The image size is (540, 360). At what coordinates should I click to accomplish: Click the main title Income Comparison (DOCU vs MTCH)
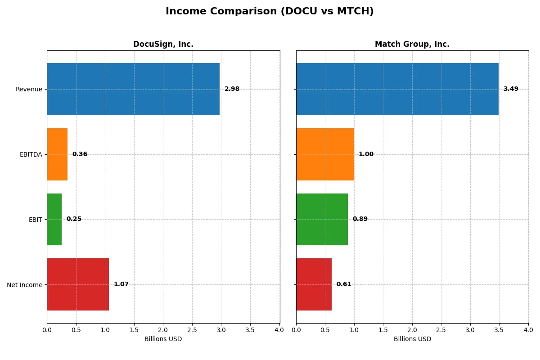(x=270, y=11)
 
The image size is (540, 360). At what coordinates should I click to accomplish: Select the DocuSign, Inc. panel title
(x=163, y=44)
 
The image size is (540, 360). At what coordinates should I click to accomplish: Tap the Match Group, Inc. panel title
(x=412, y=44)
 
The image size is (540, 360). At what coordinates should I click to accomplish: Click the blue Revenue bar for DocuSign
(x=133, y=89)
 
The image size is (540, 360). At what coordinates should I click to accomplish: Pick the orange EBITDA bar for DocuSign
(x=57, y=154)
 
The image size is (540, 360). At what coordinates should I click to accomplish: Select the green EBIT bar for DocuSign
(x=54, y=219)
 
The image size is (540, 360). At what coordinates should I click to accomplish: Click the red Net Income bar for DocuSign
(x=78, y=284)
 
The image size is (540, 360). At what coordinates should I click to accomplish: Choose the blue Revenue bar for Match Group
(x=397, y=89)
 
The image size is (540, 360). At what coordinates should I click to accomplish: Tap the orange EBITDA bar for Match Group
(x=325, y=154)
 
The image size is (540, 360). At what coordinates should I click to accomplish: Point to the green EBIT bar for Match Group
(x=322, y=219)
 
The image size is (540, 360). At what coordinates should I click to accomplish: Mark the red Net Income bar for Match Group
(x=314, y=284)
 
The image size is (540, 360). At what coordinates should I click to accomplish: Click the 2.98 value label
(x=232, y=89)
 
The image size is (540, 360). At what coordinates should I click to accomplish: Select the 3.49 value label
(x=511, y=89)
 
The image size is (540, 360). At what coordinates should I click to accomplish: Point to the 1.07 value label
(x=121, y=284)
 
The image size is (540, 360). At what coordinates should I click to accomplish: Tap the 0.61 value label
(x=344, y=284)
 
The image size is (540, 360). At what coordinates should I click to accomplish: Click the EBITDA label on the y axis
(x=31, y=154)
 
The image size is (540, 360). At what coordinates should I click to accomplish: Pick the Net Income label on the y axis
(x=24, y=285)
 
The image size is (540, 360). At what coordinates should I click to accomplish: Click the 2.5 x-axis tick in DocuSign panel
(x=192, y=330)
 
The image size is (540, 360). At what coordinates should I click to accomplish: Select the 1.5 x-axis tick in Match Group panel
(x=383, y=330)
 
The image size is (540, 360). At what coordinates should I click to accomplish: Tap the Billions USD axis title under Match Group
(x=412, y=339)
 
